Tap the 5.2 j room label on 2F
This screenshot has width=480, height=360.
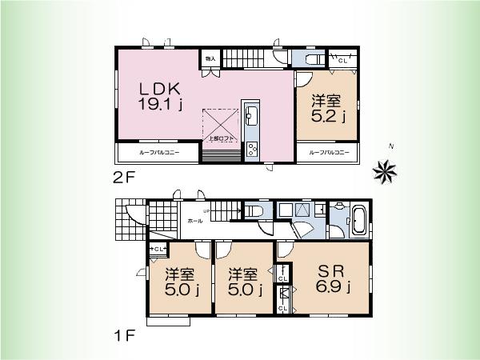pos(328,109)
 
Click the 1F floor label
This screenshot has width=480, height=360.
pos(125,336)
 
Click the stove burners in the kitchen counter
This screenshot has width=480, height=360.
pos(251,149)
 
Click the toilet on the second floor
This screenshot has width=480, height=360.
pos(313,60)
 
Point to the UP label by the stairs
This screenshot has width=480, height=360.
pos(206,210)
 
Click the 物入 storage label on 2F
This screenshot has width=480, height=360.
pos(210,59)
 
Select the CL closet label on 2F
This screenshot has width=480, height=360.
pos(343,60)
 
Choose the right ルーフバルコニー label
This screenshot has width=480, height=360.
pos(327,152)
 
